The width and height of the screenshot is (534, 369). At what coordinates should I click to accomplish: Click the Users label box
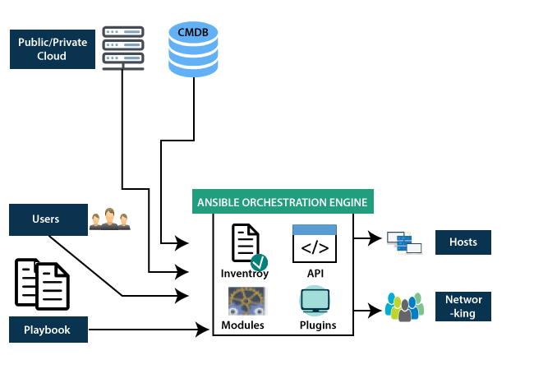(x=46, y=220)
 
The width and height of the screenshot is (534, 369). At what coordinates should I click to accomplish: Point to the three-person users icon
(x=110, y=219)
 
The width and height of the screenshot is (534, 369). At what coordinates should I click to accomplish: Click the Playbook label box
(x=46, y=330)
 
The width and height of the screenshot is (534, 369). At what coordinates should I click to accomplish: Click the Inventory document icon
(x=246, y=246)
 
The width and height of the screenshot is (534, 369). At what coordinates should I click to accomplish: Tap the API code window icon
(x=315, y=243)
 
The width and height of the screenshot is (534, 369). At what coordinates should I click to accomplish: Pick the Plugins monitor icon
(x=315, y=302)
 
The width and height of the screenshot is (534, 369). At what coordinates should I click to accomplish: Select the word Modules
(x=243, y=325)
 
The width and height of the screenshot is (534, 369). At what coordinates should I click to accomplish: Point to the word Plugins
(x=317, y=325)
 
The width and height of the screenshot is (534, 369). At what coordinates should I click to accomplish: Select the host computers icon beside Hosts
(x=404, y=242)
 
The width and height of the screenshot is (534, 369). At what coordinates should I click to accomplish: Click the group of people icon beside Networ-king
(x=404, y=306)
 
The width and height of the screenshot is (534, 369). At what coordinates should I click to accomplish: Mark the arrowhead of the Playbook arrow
(x=205, y=330)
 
